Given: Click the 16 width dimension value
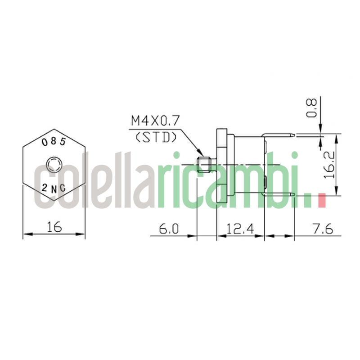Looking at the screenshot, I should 54,228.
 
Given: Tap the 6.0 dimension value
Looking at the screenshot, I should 169,229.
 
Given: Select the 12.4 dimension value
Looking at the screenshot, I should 240,229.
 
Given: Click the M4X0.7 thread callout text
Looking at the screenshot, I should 155,121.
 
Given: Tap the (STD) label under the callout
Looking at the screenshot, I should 156,137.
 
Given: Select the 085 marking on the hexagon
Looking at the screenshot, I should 54,141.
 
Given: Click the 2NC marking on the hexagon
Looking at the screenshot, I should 54,188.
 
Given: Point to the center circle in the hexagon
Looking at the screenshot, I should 54,163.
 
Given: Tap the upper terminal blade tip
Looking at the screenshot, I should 293,134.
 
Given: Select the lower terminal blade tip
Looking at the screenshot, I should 293,195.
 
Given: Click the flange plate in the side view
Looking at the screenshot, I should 221,164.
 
